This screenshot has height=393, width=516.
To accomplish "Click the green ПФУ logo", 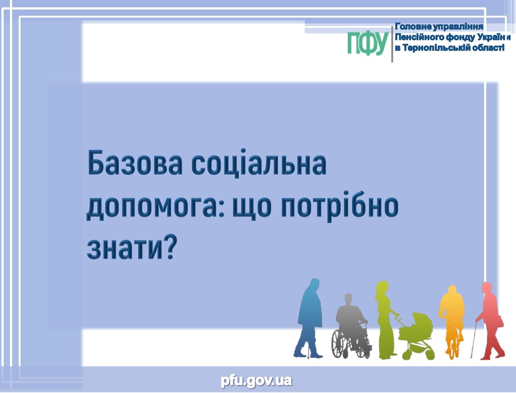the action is point(368,44).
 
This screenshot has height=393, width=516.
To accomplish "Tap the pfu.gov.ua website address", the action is point(256,381).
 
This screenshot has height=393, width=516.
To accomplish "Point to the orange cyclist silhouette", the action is point(452,322).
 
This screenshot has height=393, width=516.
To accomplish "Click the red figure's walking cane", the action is point(474,340).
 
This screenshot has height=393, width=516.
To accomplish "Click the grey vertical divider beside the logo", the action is point(392,44).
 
